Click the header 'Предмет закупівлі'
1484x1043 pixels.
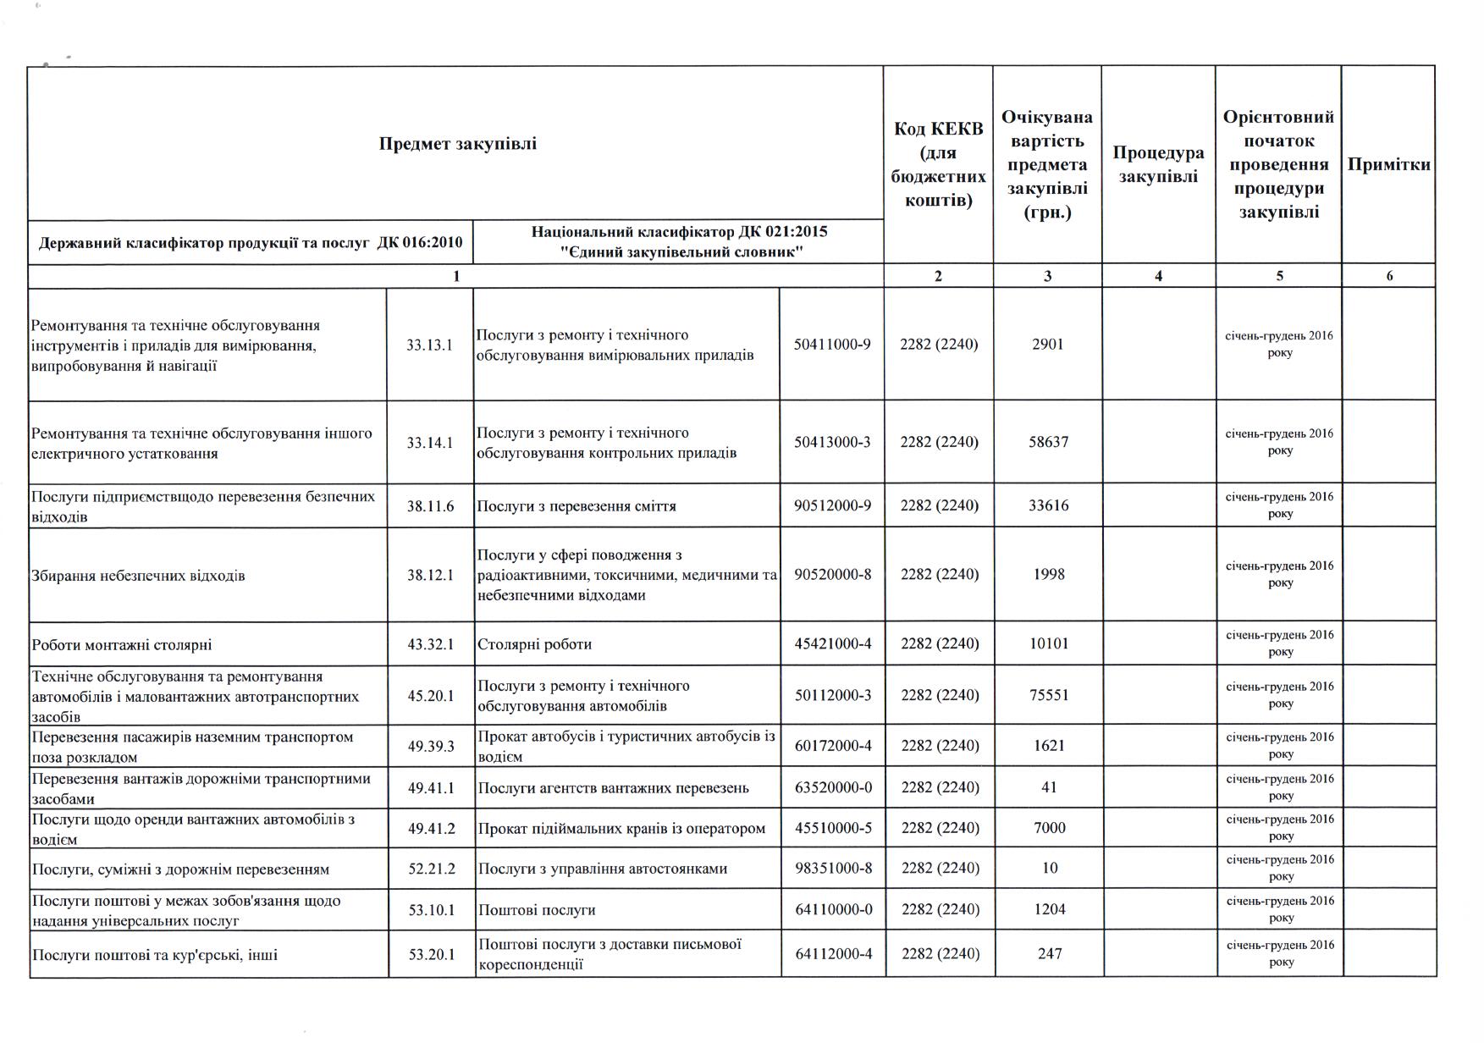(x=457, y=143)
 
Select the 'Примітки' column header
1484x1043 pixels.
(x=1388, y=164)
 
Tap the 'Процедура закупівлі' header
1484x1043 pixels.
(x=1158, y=164)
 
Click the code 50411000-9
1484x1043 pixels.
(x=832, y=344)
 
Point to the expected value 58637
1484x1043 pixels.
(x=1048, y=442)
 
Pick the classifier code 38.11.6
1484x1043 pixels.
(x=430, y=506)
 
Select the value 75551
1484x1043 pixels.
(x=1048, y=695)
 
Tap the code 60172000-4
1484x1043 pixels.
(x=833, y=746)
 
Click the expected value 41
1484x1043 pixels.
(x=1049, y=787)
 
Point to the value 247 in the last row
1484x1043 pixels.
(x=1050, y=953)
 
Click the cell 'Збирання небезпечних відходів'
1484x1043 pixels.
(x=138, y=576)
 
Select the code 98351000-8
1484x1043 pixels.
(x=833, y=869)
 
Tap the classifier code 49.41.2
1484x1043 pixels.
(x=431, y=828)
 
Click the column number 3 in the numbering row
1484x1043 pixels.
(x=1047, y=276)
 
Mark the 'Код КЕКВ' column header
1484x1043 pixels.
(x=938, y=164)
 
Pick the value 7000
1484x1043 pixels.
(x=1050, y=828)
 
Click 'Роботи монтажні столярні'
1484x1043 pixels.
(x=122, y=645)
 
